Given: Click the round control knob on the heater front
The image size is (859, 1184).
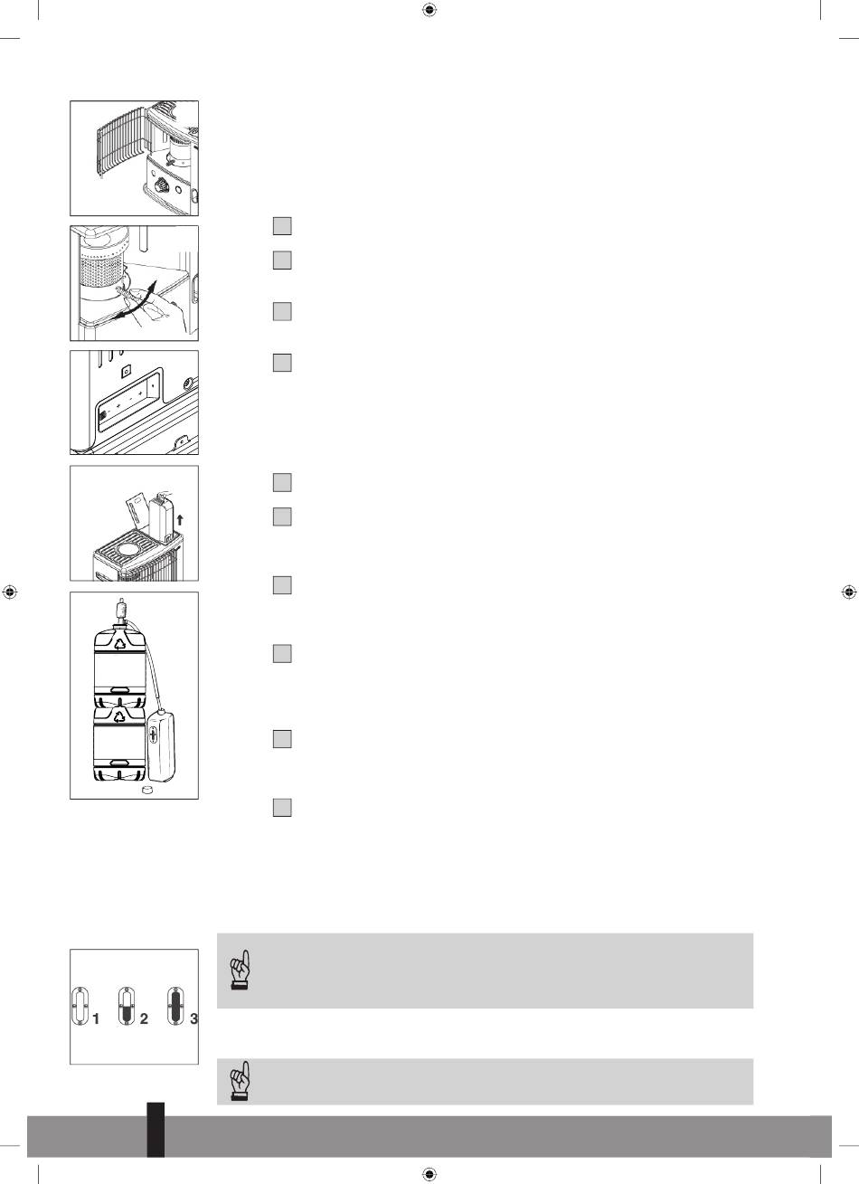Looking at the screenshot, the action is (x=161, y=185).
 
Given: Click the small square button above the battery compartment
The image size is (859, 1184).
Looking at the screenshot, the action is (x=127, y=371).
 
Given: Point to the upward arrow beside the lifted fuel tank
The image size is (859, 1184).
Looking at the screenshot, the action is (x=180, y=520).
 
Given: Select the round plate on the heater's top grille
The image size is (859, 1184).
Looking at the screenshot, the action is (x=130, y=549).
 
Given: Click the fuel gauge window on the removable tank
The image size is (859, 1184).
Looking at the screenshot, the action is (x=153, y=735).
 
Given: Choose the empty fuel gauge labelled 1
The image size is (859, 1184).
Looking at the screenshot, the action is (x=80, y=1006).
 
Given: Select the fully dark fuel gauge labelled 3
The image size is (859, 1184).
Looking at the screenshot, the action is (x=176, y=1006).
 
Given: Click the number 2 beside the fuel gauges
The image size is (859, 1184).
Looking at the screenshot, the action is (x=144, y=1018).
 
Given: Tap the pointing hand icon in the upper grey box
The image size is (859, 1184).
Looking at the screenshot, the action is (x=241, y=970).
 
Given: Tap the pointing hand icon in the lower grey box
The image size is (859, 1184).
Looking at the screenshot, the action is (x=241, y=1082).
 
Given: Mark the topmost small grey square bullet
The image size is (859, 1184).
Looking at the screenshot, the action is (x=282, y=226).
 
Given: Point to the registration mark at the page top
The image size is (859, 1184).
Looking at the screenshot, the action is (x=429, y=10).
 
